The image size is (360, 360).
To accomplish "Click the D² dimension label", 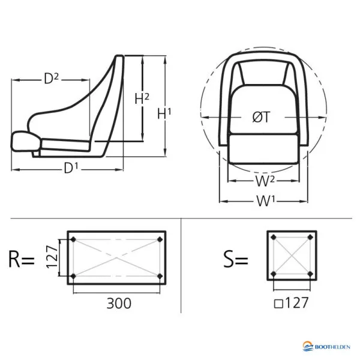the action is point(51,79).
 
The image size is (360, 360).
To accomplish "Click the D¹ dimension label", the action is point(71,168).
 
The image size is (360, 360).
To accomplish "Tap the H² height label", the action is point(142,99).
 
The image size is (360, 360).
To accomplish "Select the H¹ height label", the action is point(164,113).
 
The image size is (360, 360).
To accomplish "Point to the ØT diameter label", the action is point(261,117).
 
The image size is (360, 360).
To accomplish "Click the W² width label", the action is point(265,181).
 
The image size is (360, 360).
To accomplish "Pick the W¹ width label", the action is point(265,202).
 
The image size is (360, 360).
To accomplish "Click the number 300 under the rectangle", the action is point(119,303).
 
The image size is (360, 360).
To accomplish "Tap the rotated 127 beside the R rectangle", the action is point(52,257).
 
